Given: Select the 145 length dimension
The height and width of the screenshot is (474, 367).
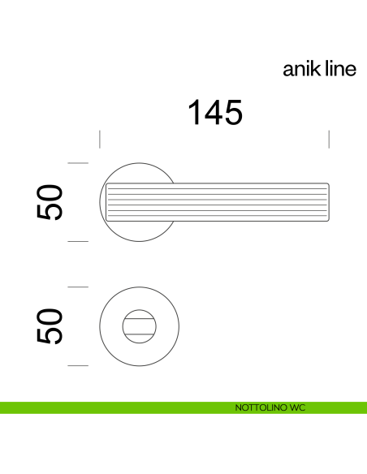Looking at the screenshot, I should [x=215, y=113].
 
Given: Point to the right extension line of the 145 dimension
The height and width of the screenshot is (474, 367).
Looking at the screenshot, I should [x=329, y=138].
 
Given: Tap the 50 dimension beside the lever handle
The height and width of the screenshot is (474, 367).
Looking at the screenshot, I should [x=50, y=203].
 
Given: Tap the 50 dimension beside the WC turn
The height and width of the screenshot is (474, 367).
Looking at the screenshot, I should [x=50, y=326].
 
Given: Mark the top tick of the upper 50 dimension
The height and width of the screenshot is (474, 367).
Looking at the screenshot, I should [x=77, y=164].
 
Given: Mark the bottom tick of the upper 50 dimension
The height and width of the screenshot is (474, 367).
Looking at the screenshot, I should [x=77, y=241].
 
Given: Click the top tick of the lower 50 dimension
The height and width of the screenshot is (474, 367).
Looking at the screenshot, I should [x=77, y=287].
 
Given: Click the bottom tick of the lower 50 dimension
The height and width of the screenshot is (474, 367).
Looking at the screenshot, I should [x=77, y=366].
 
